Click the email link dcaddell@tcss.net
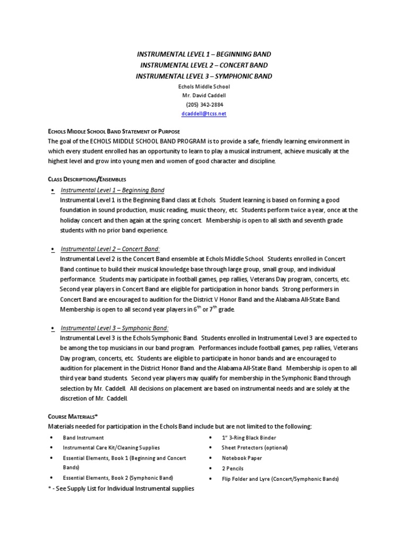pyautogui.click(x=203, y=114)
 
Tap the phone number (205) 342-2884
pyautogui.click(x=203, y=105)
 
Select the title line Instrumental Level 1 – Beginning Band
pyautogui.click(x=203, y=54)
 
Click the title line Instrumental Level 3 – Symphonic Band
pyautogui.click(x=203, y=76)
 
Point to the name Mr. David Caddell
pyautogui.click(x=203, y=96)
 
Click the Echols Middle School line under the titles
pyautogui.click(x=203, y=87)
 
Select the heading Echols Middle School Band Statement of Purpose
pyautogui.click(x=114, y=131)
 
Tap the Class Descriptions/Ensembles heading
pyautogui.click(x=87, y=180)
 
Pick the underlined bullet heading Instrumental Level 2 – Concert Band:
pyautogui.click(x=110, y=249)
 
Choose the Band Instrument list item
pyautogui.click(x=83, y=438)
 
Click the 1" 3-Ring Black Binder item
pyautogui.click(x=249, y=438)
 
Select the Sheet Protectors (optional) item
pyautogui.click(x=254, y=448)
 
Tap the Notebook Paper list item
pyautogui.click(x=242, y=458)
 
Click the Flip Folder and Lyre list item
pyautogui.click(x=280, y=479)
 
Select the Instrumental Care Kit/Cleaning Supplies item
pyautogui.click(x=111, y=448)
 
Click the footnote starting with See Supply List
pyautogui.click(x=121, y=488)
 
